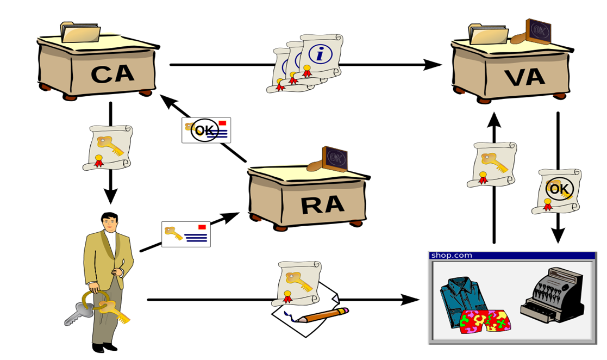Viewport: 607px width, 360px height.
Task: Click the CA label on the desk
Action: [x=112, y=75]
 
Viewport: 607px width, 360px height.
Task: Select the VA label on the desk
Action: [x=524, y=77]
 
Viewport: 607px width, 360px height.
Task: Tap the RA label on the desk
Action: [x=322, y=204]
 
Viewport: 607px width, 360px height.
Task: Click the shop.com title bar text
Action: [x=452, y=255]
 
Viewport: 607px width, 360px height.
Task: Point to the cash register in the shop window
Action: [x=552, y=296]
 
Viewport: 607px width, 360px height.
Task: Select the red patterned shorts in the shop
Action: [x=486, y=321]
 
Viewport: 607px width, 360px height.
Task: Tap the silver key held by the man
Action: [x=76, y=315]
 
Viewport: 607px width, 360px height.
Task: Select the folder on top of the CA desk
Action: [x=80, y=32]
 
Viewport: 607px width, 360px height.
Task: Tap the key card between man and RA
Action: [x=186, y=234]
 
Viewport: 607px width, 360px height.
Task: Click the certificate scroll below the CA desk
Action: [x=109, y=147]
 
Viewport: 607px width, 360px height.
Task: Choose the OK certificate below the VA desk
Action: [x=559, y=191]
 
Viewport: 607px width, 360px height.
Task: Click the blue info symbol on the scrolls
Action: [x=320, y=53]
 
